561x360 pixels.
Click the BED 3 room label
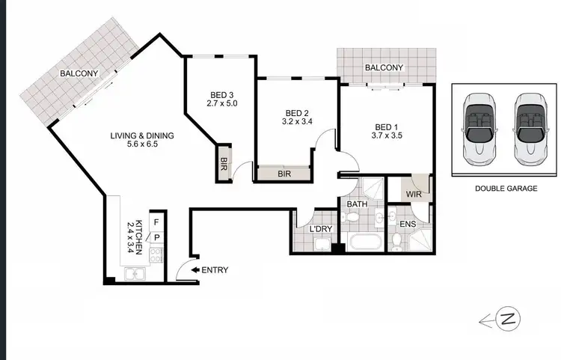point(222,95)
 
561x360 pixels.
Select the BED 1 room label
point(386,126)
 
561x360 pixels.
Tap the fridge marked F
point(156,222)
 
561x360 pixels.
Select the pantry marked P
point(156,237)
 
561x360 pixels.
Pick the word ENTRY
point(215,270)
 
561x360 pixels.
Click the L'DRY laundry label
point(321,229)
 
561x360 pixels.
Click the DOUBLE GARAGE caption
point(506,189)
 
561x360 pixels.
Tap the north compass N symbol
point(509,320)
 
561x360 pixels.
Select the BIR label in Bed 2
point(283,174)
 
